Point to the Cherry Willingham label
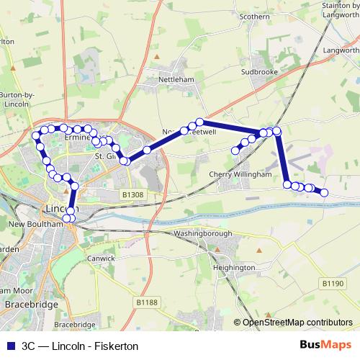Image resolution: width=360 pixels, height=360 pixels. (x=240, y=174)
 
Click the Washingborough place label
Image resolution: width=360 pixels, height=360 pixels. (x=203, y=233)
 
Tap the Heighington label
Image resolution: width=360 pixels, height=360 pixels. (x=234, y=268)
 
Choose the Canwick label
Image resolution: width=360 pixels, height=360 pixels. (x=101, y=258)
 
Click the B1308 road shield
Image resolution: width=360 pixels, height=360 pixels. (x=132, y=194)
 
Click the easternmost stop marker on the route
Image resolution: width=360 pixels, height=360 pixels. (x=324, y=192)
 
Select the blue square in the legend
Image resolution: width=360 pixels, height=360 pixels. (x=9, y=346)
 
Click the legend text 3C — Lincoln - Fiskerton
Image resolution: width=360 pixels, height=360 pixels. (x=79, y=346)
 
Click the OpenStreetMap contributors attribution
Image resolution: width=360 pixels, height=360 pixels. (x=298, y=322)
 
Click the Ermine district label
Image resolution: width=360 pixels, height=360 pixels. (x=76, y=135)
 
